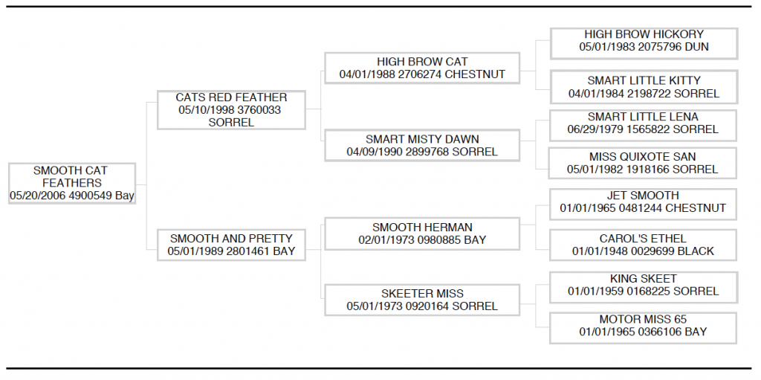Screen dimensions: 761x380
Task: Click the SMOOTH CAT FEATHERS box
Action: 72,183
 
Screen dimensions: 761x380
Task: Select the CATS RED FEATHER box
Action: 232,110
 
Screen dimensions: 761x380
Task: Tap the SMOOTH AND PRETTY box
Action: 232,245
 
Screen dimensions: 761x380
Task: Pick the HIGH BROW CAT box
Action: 422,68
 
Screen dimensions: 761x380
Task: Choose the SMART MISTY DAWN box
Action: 422,145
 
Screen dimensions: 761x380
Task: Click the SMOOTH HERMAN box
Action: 422,234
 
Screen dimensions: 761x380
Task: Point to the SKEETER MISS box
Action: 422,300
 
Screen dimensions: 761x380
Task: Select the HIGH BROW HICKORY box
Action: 644,44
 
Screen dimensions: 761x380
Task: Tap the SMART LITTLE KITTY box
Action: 644,87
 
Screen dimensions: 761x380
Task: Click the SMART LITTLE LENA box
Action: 643,126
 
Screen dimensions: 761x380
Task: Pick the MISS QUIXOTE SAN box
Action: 643,164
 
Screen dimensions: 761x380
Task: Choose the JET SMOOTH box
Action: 643,205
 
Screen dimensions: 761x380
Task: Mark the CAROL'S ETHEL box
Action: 643,245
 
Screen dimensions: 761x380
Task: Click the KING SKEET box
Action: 643,287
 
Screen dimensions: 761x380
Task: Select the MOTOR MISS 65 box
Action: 643,328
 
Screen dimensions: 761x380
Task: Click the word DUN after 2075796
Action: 696,47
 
